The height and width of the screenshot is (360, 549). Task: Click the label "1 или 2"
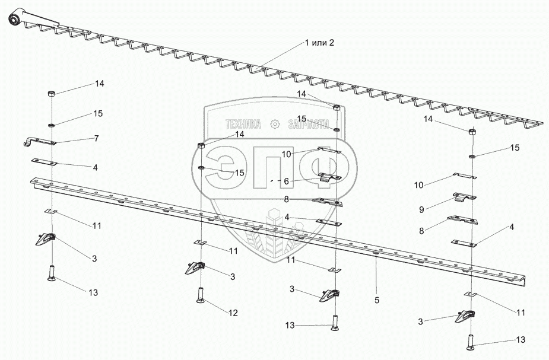[x=319, y=43]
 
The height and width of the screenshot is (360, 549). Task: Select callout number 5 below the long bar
[x=377, y=300]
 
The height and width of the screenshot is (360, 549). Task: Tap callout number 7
[x=96, y=138]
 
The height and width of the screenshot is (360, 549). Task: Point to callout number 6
[x=287, y=181]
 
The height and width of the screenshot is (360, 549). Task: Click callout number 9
[x=421, y=209]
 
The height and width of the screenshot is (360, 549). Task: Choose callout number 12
[x=233, y=313]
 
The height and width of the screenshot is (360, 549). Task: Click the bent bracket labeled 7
[x=39, y=142]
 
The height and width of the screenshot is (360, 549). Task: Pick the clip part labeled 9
[x=465, y=197]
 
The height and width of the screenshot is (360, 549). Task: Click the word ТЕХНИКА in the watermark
[x=243, y=124]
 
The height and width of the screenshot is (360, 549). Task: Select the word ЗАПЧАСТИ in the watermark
[x=309, y=124]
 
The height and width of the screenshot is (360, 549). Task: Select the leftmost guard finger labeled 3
[x=46, y=240]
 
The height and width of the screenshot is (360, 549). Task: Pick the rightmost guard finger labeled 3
[x=465, y=317]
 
